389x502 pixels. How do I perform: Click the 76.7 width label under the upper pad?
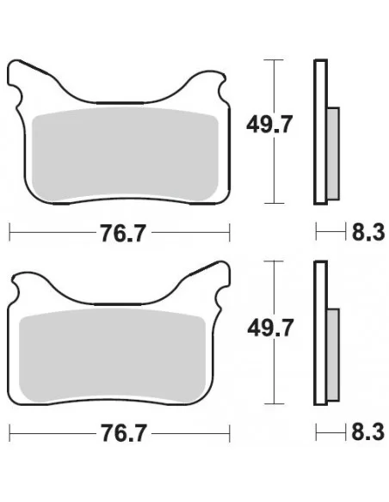tap(120, 232)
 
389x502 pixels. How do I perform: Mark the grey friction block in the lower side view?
tap(334, 352)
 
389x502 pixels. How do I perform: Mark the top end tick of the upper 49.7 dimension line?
tap(274, 59)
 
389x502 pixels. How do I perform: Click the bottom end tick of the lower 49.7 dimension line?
tap(274, 403)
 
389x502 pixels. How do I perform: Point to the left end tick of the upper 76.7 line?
tap(9, 232)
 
